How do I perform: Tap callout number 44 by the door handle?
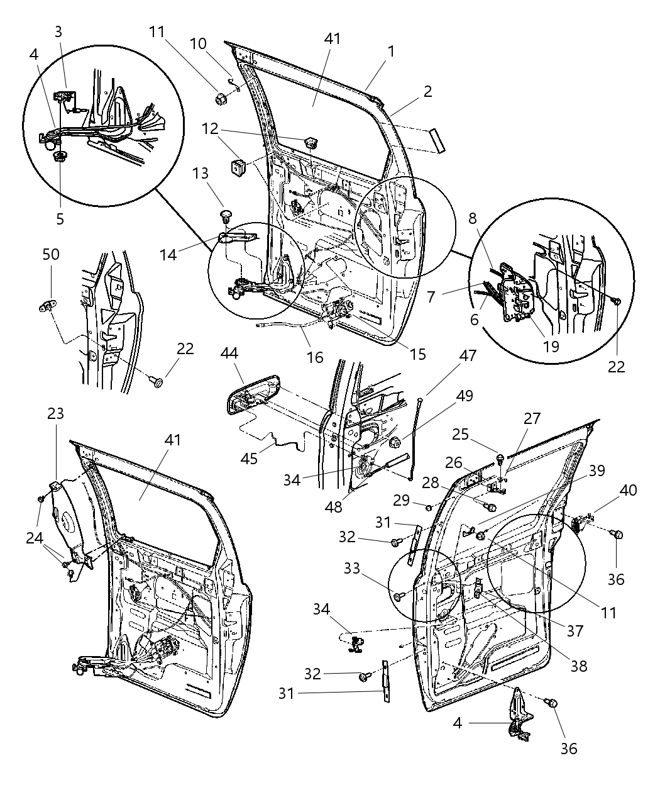(x=229, y=355)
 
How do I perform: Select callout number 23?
(x=55, y=414)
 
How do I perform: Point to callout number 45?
(x=249, y=459)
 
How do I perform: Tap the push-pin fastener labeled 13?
(x=225, y=217)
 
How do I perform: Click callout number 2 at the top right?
(x=427, y=91)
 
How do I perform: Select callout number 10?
(x=198, y=43)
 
